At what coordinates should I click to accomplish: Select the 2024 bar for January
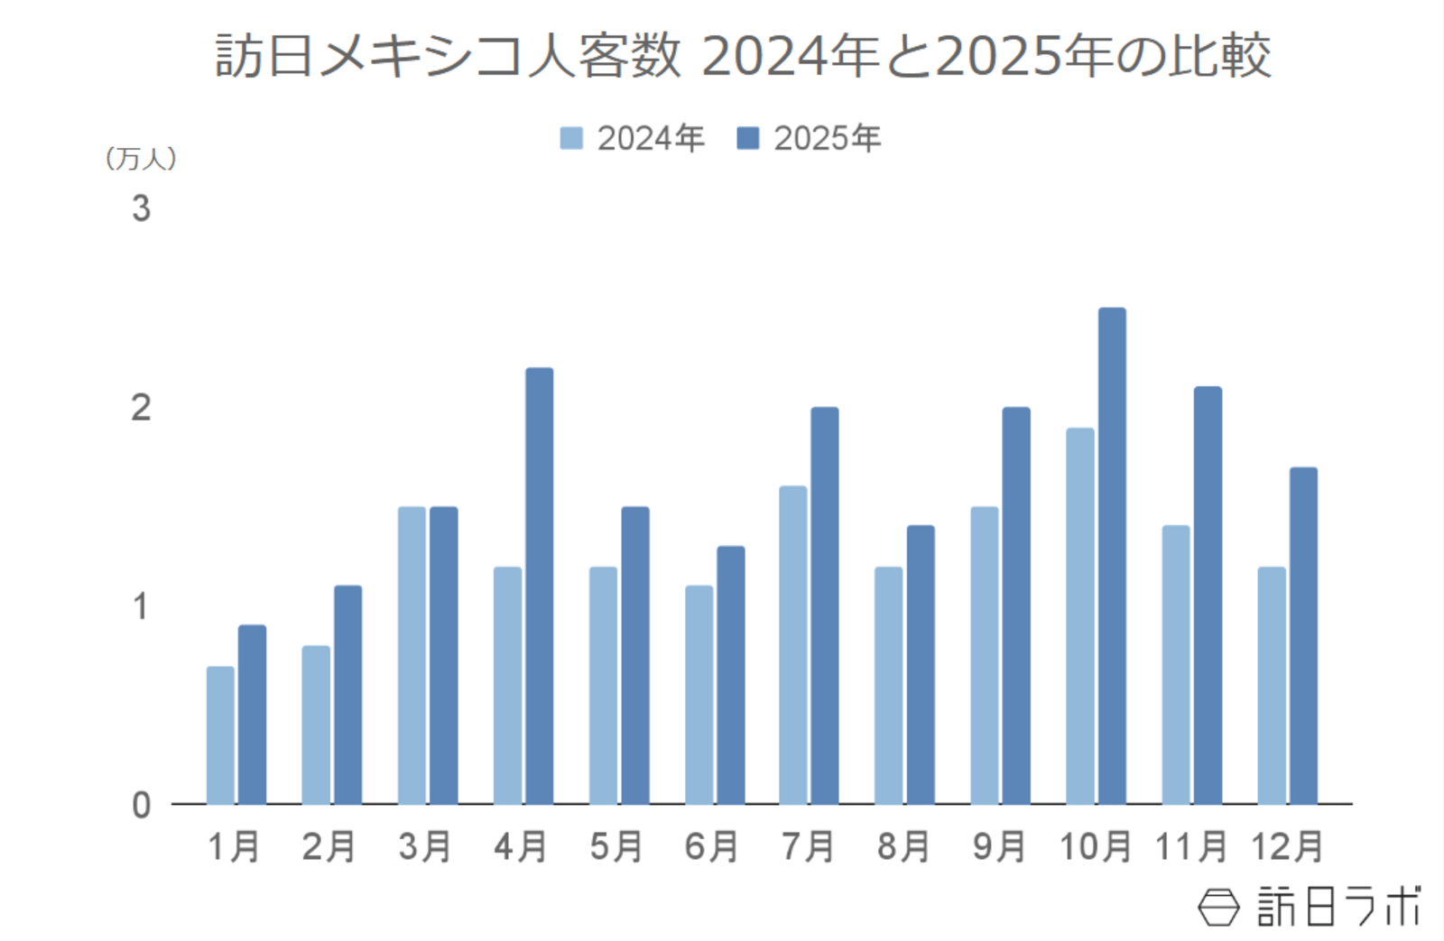(220, 735)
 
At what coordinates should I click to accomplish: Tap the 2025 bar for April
(540, 586)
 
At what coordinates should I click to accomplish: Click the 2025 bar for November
(1208, 595)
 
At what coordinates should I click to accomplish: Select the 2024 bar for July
(793, 645)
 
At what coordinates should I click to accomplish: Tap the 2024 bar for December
(1272, 686)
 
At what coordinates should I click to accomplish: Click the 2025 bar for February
(347, 695)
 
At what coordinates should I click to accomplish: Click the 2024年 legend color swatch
(571, 138)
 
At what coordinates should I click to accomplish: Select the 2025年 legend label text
(827, 138)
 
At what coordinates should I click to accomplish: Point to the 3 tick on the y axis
(141, 208)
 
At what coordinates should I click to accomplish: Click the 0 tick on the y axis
(141, 805)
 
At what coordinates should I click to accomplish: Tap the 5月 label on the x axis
(616, 846)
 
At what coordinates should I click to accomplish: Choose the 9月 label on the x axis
(999, 846)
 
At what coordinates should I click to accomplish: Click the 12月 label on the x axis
(1287, 846)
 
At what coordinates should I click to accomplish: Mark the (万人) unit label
(141, 159)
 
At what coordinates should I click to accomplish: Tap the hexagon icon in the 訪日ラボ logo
(1218, 907)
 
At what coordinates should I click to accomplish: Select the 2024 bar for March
(412, 655)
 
